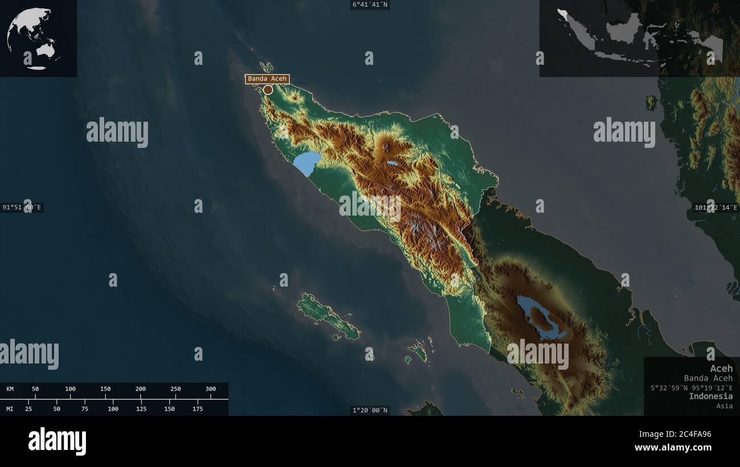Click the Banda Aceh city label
point(268,79)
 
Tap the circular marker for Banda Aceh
point(268,89)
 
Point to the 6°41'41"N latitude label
point(370,5)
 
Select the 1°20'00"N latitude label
point(370,410)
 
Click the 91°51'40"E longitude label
point(22,208)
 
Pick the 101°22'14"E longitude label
point(716,208)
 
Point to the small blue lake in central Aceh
point(392,163)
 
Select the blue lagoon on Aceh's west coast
point(307,163)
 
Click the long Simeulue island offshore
point(327,316)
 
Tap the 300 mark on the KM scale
point(211,389)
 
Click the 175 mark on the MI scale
point(198,408)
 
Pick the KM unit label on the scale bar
point(10,389)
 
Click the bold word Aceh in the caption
point(721,369)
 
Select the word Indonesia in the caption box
point(710,396)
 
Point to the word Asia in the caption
point(725,406)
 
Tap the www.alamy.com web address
point(673,448)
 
